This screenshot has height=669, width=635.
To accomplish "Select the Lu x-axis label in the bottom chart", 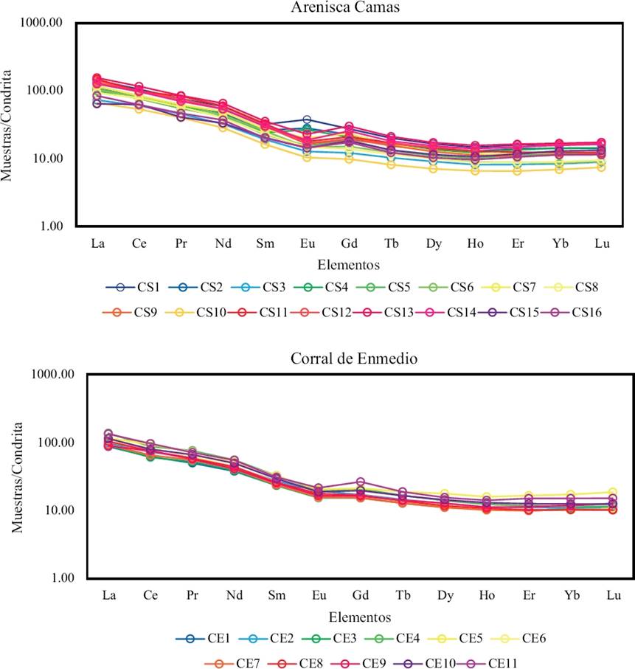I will (x=612, y=595).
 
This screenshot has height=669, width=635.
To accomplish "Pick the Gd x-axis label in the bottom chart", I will (x=361, y=595).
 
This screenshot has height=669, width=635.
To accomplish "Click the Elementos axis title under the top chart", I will (x=348, y=263).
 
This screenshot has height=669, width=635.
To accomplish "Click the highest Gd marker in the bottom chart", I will (x=361, y=482).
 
